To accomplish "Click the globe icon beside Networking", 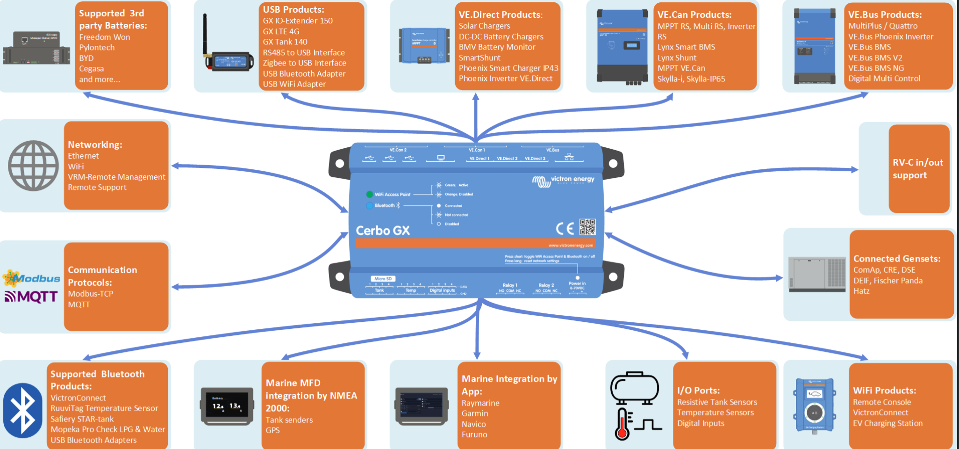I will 33,166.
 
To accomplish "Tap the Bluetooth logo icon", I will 23,410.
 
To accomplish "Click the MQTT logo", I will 31,297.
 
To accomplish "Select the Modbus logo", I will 32,278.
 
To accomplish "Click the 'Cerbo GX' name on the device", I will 382,231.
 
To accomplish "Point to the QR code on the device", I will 587,227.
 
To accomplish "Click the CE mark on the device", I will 565,228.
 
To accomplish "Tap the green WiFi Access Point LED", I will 369,195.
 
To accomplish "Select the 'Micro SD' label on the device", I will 383,279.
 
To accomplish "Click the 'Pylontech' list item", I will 97,48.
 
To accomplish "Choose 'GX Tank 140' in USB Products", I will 285,42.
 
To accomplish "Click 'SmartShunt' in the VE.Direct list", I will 479,58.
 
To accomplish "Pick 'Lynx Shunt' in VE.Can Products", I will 677,58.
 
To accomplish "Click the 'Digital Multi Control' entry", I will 884,79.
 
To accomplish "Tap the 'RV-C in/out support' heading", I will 917,169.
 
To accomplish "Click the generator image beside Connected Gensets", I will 816,274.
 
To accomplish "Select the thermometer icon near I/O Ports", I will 623,424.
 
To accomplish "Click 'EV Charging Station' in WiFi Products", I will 887,423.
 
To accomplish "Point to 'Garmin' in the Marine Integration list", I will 475,413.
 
